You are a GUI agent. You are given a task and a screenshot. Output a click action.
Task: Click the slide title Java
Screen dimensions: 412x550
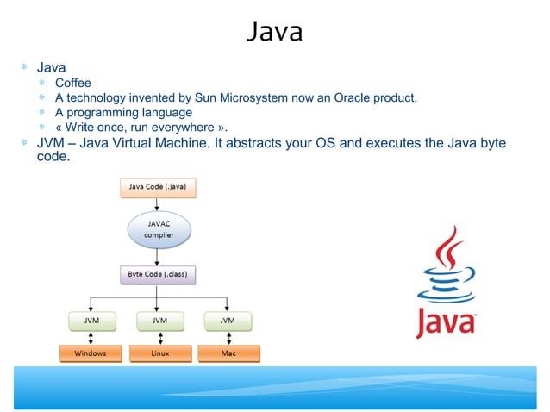pos(274,32)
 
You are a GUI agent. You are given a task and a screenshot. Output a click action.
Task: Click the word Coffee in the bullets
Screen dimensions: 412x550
pos(72,83)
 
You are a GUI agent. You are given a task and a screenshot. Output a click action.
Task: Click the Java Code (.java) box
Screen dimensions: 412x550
pos(158,185)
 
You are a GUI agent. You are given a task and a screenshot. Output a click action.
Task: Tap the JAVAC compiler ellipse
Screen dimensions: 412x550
pos(158,230)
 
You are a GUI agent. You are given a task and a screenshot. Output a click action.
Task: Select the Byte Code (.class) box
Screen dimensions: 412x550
pos(158,276)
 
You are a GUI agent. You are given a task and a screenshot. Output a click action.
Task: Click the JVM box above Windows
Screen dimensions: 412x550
pos(91,321)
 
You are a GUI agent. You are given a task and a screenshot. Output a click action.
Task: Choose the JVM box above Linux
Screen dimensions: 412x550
pos(158,321)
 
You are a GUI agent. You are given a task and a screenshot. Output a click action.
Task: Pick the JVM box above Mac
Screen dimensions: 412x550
pos(227,321)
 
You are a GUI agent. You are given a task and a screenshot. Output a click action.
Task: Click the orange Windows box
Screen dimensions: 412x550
pos(91,353)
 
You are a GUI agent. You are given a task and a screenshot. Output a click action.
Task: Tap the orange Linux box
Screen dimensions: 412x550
pos(158,353)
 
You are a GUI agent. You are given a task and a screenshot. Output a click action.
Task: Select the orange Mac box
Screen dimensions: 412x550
pos(228,353)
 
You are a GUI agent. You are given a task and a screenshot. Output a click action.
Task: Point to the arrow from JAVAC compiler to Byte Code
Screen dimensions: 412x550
pos(158,256)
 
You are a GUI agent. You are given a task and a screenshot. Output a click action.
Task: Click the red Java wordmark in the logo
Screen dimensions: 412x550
pos(445,322)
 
